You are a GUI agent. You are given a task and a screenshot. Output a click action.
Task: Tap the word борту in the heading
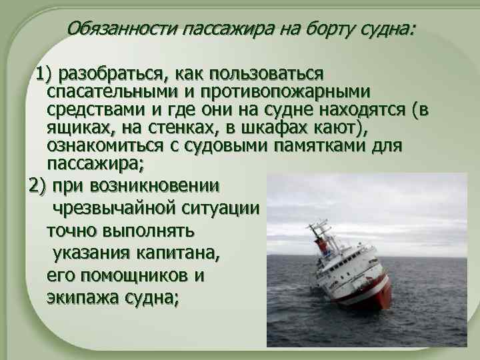(x=307, y=29)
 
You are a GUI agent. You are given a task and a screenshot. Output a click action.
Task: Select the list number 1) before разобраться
(x=47, y=72)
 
